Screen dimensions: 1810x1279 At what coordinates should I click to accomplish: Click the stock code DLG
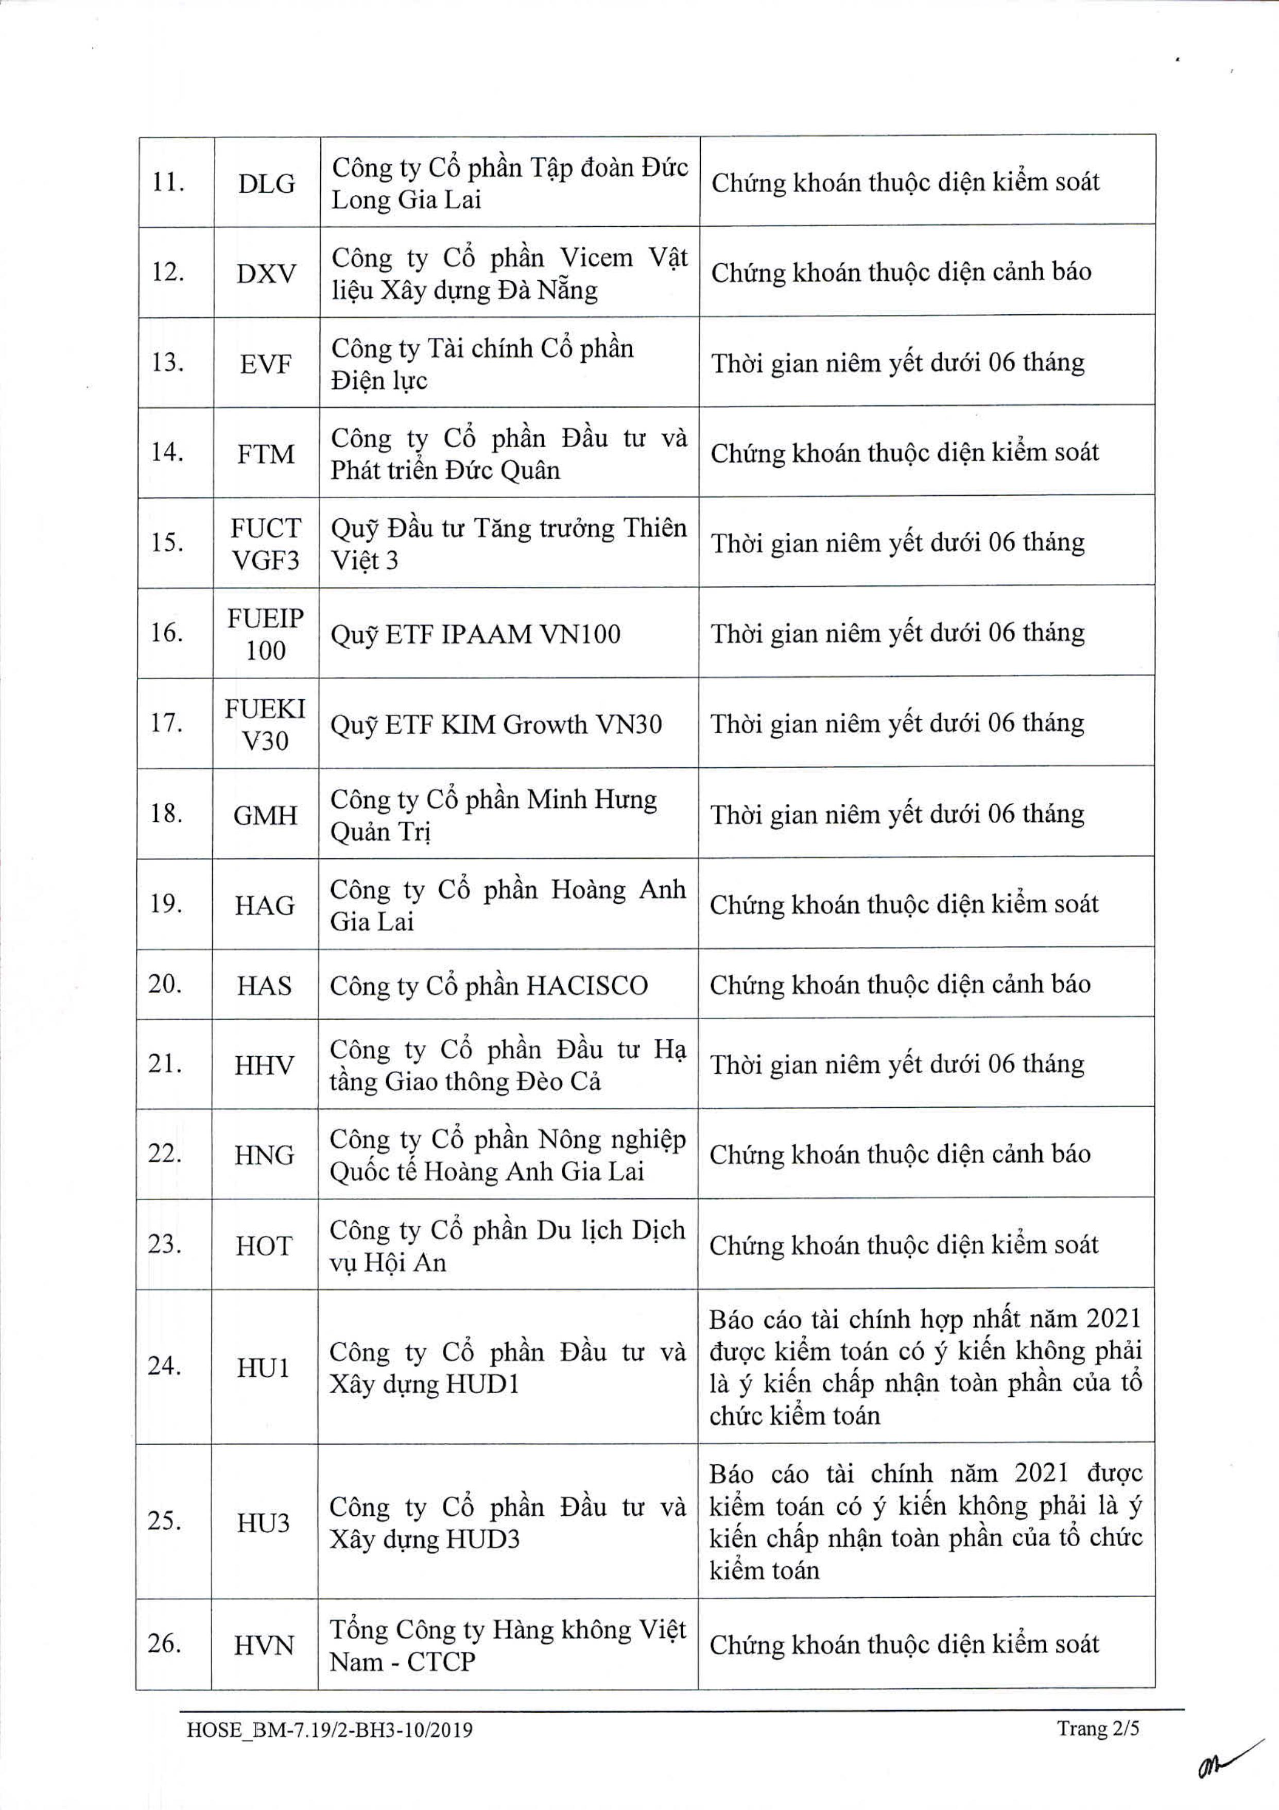[x=266, y=184]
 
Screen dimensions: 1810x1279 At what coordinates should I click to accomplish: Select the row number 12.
[x=168, y=273]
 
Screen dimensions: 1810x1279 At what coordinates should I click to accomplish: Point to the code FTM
[x=266, y=454]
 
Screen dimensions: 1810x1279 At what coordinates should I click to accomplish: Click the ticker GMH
[x=266, y=815]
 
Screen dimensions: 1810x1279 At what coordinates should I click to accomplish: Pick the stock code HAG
[x=265, y=905]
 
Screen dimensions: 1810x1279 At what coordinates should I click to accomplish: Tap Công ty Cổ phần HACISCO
[x=489, y=986]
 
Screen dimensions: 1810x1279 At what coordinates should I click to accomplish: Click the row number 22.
[x=165, y=1154]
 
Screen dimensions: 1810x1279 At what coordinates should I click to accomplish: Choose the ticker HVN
[x=263, y=1645]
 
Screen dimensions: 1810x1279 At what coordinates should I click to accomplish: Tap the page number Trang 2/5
[x=1098, y=1728]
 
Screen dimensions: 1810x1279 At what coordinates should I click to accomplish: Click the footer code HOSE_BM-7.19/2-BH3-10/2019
[x=330, y=1730]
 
